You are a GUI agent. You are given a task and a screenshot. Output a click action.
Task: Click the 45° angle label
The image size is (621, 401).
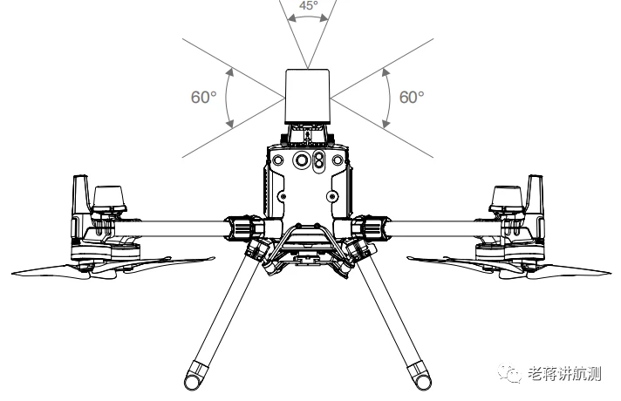click(x=308, y=5)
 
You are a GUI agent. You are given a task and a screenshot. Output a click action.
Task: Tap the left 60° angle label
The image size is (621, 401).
click(x=203, y=97)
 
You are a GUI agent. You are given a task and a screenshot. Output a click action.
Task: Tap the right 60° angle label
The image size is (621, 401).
click(x=411, y=97)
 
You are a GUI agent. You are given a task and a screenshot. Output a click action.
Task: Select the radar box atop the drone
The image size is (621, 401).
click(x=308, y=93)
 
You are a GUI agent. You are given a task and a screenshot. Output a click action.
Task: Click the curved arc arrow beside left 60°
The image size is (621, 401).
click(x=228, y=98)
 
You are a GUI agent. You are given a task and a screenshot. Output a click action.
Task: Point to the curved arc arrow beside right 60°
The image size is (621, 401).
click(x=388, y=98)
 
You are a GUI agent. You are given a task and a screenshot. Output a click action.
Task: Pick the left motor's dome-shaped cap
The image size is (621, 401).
click(x=111, y=198)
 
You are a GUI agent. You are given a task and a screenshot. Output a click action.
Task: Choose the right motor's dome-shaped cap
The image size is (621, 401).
click(x=508, y=198)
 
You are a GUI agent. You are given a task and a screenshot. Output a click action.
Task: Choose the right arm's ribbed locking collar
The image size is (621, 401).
click(x=377, y=228)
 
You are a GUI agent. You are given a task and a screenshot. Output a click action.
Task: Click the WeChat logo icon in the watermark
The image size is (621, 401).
click(x=512, y=373)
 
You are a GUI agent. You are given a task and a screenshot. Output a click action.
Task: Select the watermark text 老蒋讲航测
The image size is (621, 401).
click(x=566, y=374)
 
